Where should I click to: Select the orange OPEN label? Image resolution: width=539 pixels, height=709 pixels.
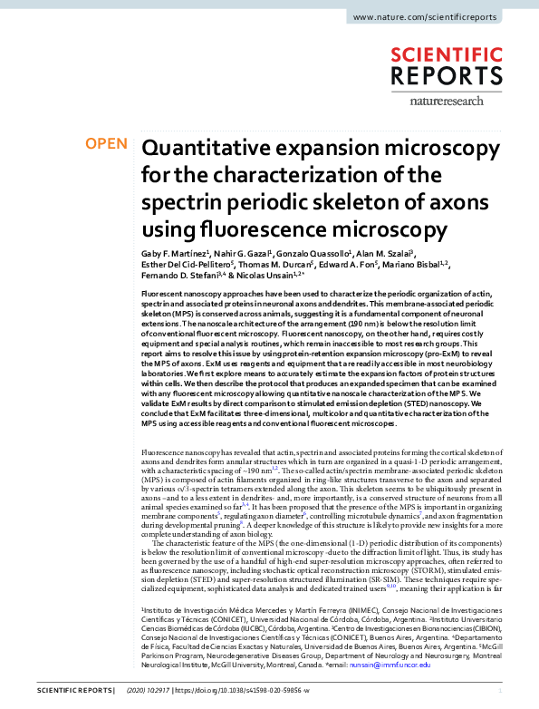(x=105, y=144)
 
